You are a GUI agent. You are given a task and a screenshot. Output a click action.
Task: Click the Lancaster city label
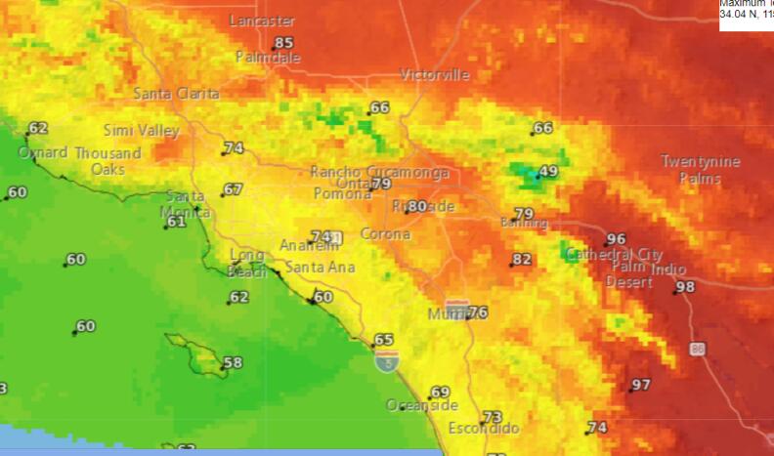(261, 21)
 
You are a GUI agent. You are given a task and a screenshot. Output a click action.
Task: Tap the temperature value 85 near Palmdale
(283, 43)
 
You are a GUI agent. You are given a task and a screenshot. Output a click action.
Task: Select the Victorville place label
(435, 75)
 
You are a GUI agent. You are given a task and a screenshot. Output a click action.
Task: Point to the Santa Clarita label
(177, 94)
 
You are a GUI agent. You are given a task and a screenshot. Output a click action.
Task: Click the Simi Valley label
(142, 130)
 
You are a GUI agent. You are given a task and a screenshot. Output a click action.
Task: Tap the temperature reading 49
(548, 172)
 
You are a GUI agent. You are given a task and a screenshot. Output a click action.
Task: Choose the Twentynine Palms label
(701, 170)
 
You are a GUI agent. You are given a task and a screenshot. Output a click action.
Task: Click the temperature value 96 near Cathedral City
(616, 239)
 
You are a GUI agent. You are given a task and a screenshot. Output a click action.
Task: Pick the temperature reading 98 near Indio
(685, 287)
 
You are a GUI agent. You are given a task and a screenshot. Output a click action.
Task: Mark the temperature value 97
(641, 386)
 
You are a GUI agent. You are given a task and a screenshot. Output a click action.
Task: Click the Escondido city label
(484, 429)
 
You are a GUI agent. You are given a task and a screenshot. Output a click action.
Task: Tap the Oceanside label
(421, 405)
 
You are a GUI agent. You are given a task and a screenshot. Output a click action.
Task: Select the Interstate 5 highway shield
(385, 363)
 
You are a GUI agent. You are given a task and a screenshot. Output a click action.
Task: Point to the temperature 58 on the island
(233, 363)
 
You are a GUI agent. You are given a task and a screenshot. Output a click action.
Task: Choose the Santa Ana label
(321, 268)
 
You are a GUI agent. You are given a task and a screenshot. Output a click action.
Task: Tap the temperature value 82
(523, 259)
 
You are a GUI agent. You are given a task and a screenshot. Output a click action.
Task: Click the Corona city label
(385, 234)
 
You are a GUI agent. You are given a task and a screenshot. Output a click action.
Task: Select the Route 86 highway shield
(697, 348)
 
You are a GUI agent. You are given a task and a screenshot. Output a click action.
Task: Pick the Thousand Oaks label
(108, 161)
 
